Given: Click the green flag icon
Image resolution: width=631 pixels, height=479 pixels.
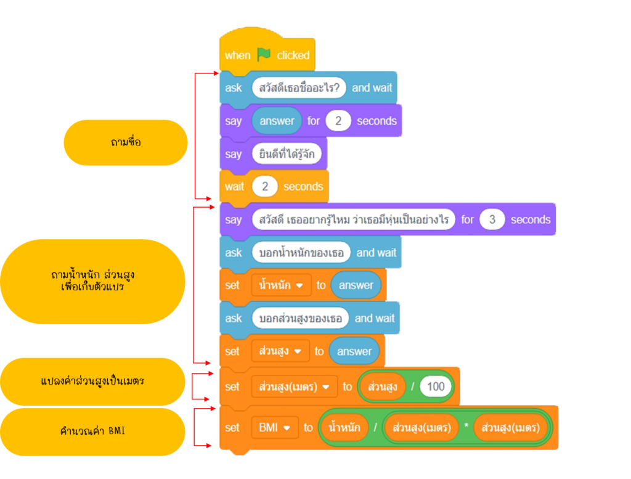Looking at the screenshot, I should pyautogui.click(x=264, y=55).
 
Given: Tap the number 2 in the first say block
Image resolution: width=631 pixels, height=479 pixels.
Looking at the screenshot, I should pyautogui.click(x=338, y=121).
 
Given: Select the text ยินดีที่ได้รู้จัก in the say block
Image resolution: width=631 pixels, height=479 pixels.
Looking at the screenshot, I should pyautogui.click(x=287, y=154).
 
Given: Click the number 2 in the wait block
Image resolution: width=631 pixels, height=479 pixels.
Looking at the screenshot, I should pyautogui.click(x=265, y=186).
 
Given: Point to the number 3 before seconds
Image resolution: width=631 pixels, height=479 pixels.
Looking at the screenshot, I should pyautogui.click(x=492, y=219).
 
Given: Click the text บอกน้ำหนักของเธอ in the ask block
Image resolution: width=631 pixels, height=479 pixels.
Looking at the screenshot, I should pyautogui.click(x=301, y=252).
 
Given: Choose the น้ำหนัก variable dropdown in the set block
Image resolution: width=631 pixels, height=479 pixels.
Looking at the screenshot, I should pyautogui.click(x=281, y=285).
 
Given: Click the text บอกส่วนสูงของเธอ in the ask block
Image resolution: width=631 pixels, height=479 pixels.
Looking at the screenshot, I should pyautogui.click(x=301, y=318).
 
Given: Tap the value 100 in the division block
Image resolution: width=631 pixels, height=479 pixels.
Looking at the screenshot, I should pyautogui.click(x=436, y=387).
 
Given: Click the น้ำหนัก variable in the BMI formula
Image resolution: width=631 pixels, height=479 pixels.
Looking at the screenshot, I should pyautogui.click(x=344, y=427).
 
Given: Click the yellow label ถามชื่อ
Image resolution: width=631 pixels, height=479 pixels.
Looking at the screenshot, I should pyautogui.click(x=126, y=142).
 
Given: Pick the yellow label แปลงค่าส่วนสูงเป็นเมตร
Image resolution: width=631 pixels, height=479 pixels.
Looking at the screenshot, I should pyautogui.click(x=92, y=381).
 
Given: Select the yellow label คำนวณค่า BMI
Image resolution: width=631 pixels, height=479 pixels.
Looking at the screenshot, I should pyautogui.click(x=92, y=431).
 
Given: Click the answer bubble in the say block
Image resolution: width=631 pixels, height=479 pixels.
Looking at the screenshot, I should pyautogui.click(x=277, y=121).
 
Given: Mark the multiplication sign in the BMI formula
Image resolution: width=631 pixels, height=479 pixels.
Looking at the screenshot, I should pyautogui.click(x=466, y=427).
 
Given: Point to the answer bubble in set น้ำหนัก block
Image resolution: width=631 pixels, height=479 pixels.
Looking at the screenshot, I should pyautogui.click(x=356, y=285).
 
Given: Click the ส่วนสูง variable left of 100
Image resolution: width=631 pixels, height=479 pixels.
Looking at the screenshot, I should pyautogui.click(x=382, y=387).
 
